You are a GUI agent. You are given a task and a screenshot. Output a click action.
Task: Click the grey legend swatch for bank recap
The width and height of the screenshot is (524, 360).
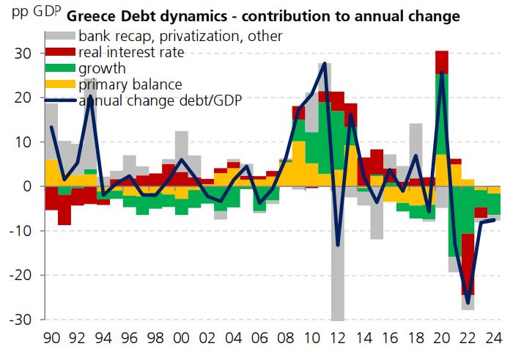pyautogui.click(x=59, y=36)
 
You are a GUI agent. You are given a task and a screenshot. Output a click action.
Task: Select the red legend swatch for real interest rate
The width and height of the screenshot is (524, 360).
pyautogui.click(x=59, y=52)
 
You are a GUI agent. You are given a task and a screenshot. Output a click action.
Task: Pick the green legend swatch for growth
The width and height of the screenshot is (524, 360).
pyautogui.click(x=59, y=68)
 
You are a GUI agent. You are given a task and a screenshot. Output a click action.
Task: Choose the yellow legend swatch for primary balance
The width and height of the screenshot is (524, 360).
pyautogui.click(x=59, y=84)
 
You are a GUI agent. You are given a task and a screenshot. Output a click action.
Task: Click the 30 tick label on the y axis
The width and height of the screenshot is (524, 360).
pyautogui.click(x=24, y=54)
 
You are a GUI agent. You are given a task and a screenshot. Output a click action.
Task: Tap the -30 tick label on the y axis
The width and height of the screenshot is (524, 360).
pyautogui.click(x=21, y=320)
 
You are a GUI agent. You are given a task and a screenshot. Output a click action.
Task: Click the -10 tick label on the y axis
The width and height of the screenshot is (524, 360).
pyautogui.click(x=21, y=231)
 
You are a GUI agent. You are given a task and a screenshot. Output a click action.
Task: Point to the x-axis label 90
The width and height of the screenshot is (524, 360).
pyautogui.click(x=51, y=339)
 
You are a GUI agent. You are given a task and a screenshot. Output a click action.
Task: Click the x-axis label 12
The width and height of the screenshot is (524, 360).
pyautogui.click(x=338, y=339)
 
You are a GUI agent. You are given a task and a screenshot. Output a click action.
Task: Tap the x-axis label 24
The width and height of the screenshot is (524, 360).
pyautogui.click(x=494, y=339)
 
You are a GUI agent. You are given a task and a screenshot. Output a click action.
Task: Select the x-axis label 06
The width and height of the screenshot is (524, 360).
pyautogui.click(x=259, y=339)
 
